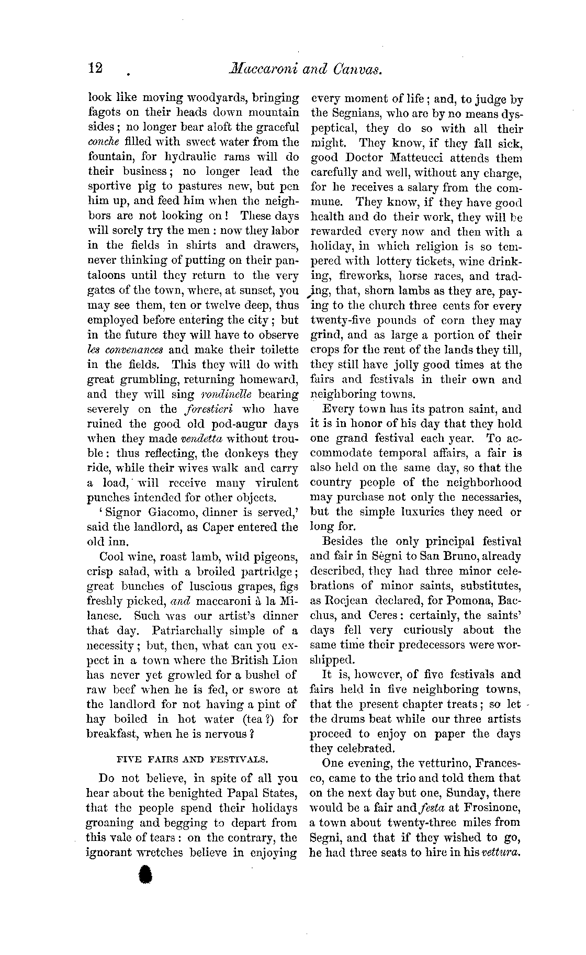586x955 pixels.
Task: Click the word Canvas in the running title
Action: coord(358,69)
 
